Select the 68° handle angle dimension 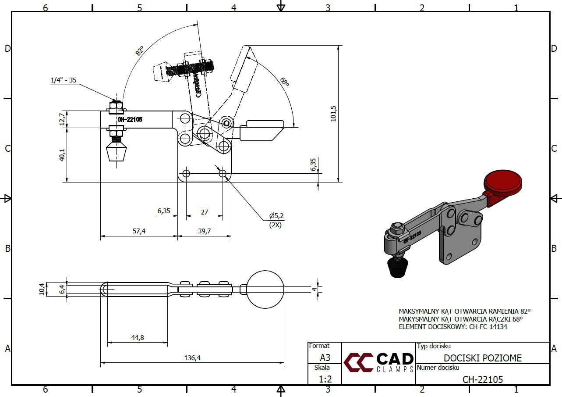coord(285,82)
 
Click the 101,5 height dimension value coord(333,113)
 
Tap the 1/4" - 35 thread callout coord(64,80)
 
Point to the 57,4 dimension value coord(139,231)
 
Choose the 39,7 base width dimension coord(204,231)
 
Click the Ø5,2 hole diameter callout coord(276,216)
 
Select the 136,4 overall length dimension coord(192,358)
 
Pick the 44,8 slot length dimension coord(137,337)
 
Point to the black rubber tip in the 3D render coord(397,267)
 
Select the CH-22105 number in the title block coord(483,379)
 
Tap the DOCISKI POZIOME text coord(483,358)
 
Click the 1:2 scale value coord(325,379)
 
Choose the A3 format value coord(325,358)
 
